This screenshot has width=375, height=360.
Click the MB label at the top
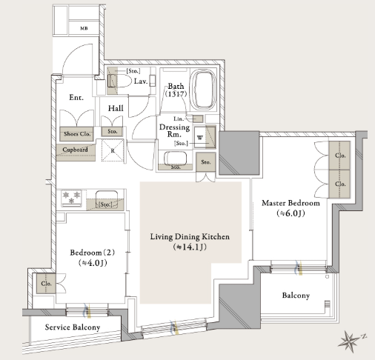pos(84,28)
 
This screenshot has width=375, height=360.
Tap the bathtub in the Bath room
pos(204,90)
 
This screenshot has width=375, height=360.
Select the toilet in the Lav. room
pos(119,80)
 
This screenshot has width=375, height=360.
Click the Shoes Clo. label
pos(77,134)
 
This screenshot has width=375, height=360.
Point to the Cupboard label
pos(75,150)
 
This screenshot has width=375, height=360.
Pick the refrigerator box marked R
pos(113,150)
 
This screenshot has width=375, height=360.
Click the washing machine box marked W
pos(200,137)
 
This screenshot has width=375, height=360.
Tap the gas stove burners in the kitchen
pos(71,198)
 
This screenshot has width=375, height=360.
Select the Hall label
pos(116,108)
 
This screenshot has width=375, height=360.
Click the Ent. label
pos(76,98)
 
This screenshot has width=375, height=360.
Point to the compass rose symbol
pos(350,341)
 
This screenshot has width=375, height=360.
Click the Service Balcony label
pos(73,327)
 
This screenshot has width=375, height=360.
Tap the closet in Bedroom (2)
pos(46,284)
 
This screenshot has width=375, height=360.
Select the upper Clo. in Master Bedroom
pos(340,156)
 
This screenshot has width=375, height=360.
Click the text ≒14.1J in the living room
pos(190,247)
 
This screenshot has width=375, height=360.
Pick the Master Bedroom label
pos(291,203)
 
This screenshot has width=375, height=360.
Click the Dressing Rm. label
pos(174,130)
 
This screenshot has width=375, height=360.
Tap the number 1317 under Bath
pos(176,94)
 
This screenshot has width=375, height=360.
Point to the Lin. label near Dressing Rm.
pos(179,119)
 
